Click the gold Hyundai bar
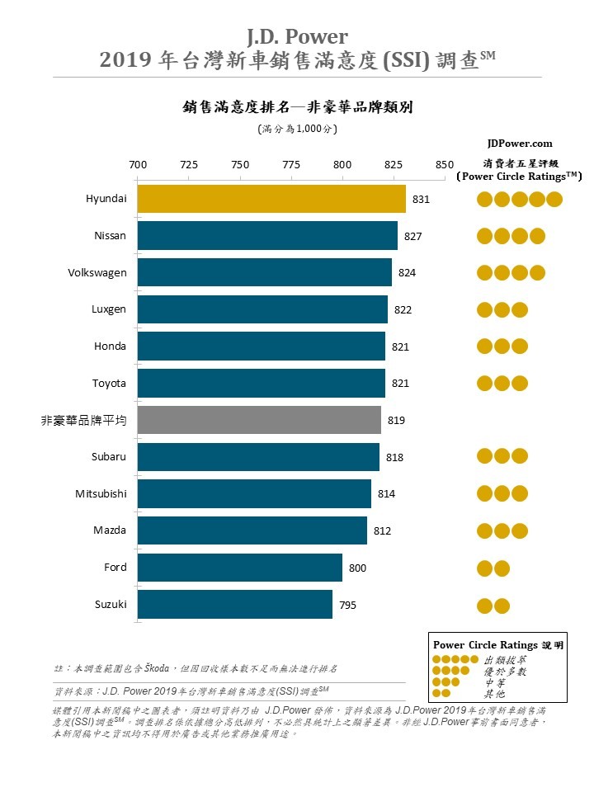click(x=271, y=199)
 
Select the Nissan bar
click(x=266, y=236)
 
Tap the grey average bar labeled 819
click(x=259, y=420)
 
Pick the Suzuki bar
click(x=234, y=605)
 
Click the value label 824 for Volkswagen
click(x=406, y=273)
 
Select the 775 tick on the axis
click(x=291, y=163)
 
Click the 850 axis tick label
click(x=445, y=163)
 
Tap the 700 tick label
click(x=138, y=163)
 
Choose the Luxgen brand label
click(x=110, y=309)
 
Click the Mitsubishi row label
click(x=101, y=493)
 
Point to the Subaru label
click(x=109, y=456)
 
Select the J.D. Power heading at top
click(x=297, y=36)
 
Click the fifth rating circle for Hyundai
click(x=554, y=199)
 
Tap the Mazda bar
click(x=252, y=530)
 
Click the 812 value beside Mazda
click(x=381, y=530)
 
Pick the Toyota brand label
click(x=109, y=383)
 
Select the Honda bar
click(x=261, y=346)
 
